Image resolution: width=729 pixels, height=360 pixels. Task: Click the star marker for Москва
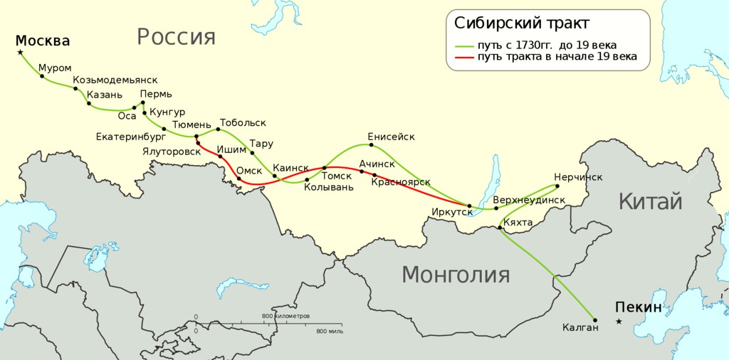[20, 52]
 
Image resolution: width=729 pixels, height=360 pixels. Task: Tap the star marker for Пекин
[619, 322]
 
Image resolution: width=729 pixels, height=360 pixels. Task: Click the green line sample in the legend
[465, 46]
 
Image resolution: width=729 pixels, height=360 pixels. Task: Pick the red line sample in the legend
[465, 57]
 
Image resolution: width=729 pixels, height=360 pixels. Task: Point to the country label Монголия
[456, 274]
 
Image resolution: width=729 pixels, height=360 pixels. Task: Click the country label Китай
[650, 201]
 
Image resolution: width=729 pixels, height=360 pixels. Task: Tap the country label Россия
[176, 36]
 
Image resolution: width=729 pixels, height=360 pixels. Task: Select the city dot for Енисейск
[372, 145]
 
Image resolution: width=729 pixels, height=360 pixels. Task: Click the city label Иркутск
[452, 212]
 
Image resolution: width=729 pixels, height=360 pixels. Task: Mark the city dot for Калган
[595, 320]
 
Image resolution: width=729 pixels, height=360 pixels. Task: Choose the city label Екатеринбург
[131, 136]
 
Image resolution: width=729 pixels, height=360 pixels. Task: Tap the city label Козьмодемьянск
[115, 80]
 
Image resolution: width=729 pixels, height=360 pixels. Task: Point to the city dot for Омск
[238, 179]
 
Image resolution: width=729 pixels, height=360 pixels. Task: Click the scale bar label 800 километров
[286, 315]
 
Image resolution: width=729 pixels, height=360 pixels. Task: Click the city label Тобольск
[242, 123]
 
